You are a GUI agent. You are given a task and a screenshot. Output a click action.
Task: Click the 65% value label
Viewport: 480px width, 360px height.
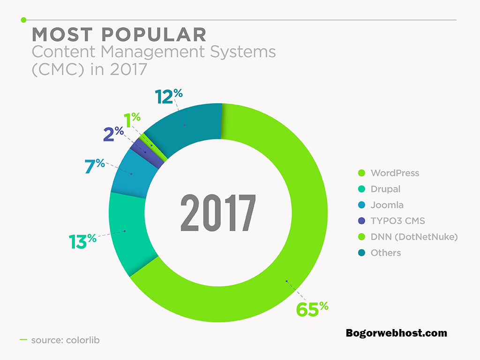click(x=312, y=308)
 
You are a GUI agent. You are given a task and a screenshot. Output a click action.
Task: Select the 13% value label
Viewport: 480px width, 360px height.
click(x=82, y=241)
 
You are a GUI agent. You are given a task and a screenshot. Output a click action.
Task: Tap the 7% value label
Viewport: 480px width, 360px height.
click(x=95, y=166)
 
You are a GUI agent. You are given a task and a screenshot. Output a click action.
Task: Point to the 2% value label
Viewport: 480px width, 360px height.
click(x=113, y=134)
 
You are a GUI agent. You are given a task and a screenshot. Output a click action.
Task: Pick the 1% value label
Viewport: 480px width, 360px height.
click(x=132, y=120)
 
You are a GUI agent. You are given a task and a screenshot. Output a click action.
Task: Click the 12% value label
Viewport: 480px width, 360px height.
click(x=169, y=96)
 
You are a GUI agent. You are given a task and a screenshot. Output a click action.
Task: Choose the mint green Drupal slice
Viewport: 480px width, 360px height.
click(x=128, y=232)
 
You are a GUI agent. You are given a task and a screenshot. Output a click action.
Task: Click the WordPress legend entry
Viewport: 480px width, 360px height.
click(x=389, y=173)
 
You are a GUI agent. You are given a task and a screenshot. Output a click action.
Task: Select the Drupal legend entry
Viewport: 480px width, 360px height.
click(x=379, y=189)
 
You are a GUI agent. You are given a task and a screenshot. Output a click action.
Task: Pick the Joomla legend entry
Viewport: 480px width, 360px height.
click(x=381, y=205)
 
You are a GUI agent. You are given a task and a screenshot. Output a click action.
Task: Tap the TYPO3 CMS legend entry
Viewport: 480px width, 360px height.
click(x=391, y=221)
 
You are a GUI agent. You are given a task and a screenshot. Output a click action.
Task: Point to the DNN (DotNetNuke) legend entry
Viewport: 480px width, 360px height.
click(x=408, y=237)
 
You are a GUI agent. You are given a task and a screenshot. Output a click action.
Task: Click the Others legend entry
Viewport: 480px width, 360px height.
click(x=380, y=253)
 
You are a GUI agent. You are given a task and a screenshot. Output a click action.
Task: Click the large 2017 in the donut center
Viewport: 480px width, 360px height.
click(x=218, y=213)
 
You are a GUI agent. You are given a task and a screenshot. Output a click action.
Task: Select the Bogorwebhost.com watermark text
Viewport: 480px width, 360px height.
click(x=397, y=333)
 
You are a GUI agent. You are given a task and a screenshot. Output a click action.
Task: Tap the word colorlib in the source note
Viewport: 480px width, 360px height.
click(x=82, y=340)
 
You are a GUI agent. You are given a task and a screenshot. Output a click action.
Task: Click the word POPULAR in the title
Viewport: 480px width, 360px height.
click(x=154, y=34)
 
